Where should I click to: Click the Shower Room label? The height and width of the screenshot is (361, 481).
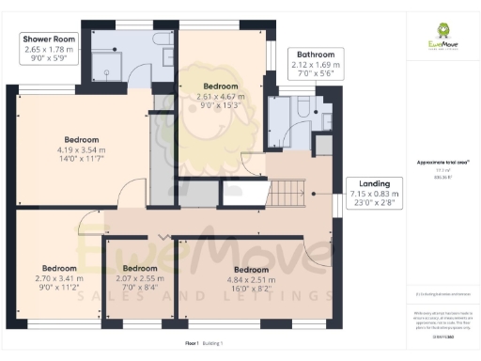tap(49, 40)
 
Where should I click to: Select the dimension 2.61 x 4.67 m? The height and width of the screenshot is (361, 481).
tap(220, 97)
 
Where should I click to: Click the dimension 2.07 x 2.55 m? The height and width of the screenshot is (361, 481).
tap(152, 279)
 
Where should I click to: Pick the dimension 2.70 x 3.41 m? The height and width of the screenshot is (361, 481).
tap(58, 279)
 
